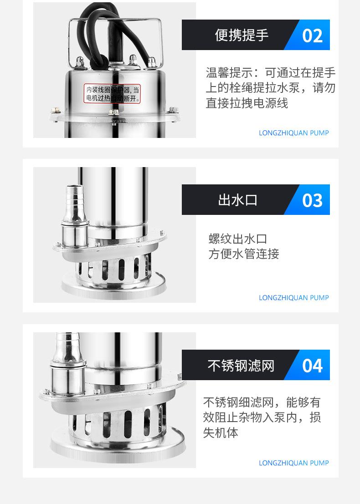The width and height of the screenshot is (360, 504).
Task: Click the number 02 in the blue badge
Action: pos(312,36)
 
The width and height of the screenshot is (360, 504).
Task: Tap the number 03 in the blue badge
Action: pos(312,200)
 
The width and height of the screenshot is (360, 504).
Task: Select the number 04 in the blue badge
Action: pos(312,366)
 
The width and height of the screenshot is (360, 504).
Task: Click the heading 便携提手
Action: pos(242,35)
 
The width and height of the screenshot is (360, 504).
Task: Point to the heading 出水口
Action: pos(238,200)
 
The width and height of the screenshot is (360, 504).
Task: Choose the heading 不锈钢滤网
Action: pos(241,366)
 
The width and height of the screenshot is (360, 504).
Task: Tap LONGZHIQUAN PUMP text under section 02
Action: pos(293,133)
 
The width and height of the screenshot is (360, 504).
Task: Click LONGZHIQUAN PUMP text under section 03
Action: pos(293,298)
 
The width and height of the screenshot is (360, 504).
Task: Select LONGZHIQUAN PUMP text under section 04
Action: pos(293,463)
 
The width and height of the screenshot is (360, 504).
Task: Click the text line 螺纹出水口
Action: pos(237,239)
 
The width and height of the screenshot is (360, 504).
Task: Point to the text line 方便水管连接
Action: pos(244,254)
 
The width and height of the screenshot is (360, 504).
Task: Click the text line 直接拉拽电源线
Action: pos(247,103)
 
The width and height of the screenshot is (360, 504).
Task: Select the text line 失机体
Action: pos(221,433)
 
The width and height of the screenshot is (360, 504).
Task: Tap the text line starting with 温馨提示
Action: pos(271,73)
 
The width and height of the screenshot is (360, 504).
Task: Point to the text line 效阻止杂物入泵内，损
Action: pos(262,417)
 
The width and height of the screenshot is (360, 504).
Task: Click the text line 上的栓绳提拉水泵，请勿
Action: pos(271,88)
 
